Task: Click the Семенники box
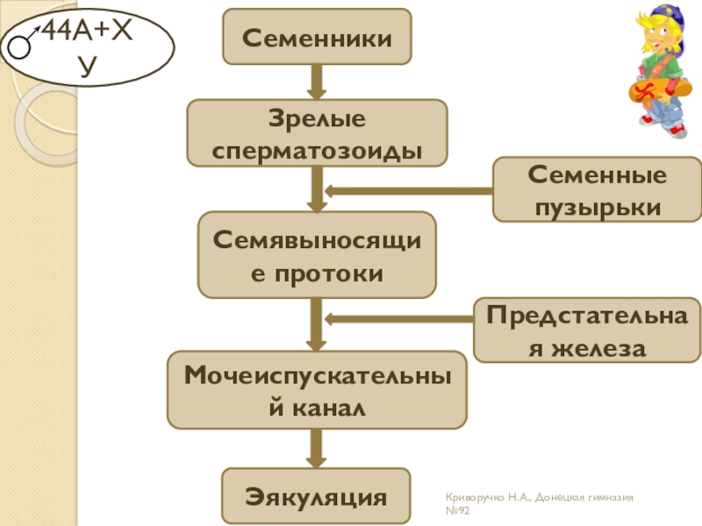click(x=316, y=37)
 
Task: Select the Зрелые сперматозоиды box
click(x=316, y=132)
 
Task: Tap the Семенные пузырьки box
click(x=596, y=189)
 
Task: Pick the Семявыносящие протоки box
click(x=316, y=254)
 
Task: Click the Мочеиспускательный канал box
click(x=316, y=390)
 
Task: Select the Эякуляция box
click(x=316, y=496)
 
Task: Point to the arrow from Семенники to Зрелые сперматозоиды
click(x=316, y=82)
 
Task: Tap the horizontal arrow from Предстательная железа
click(x=399, y=319)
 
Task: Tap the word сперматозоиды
click(x=316, y=148)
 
